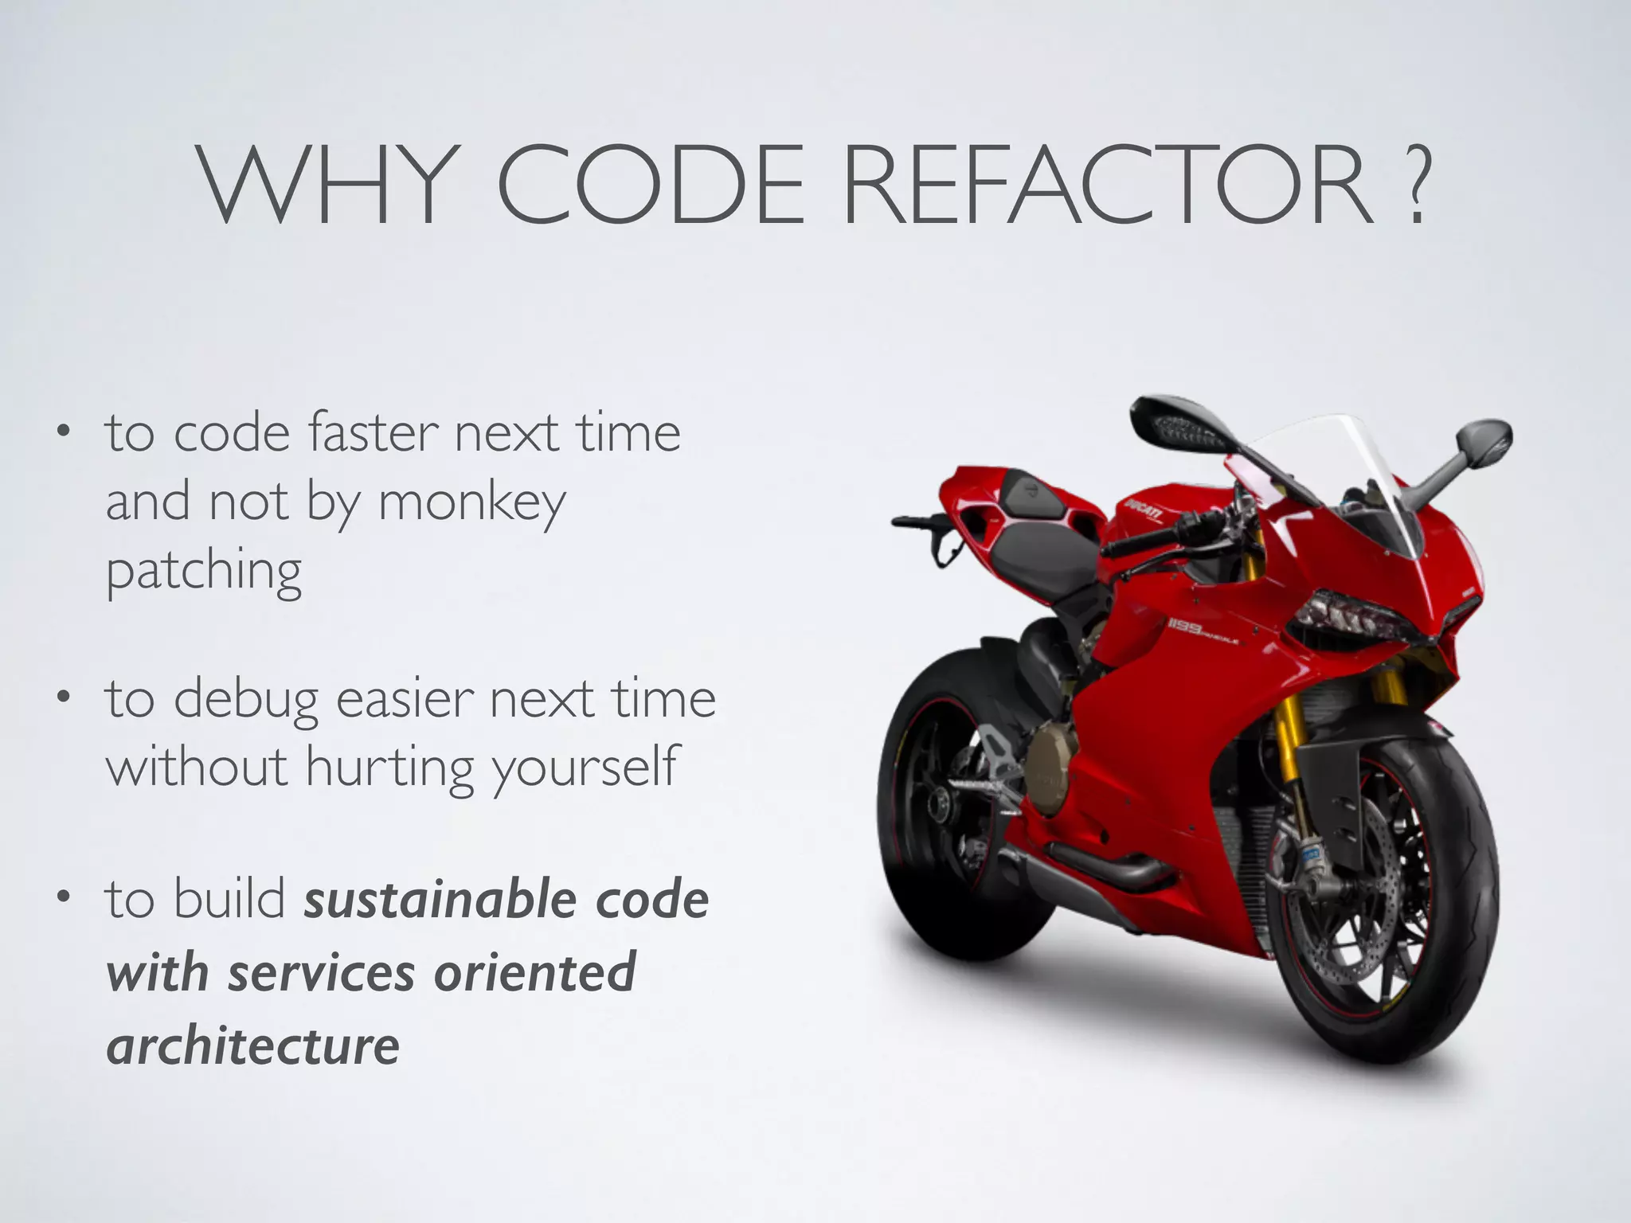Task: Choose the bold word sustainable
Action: point(440,900)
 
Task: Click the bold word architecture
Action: point(253,1045)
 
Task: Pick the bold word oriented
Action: point(534,972)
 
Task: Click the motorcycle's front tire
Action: point(1426,900)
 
